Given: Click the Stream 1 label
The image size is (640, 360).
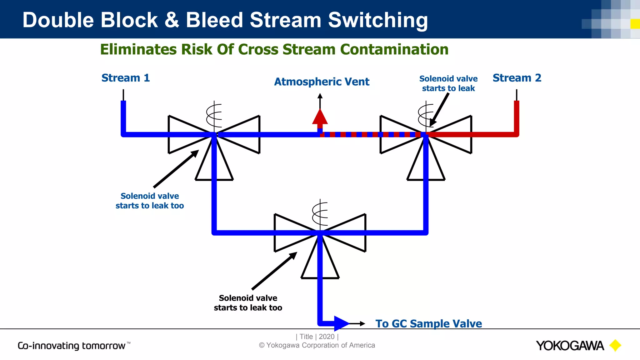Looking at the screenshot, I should [x=126, y=78].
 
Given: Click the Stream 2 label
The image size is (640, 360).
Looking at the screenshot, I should [x=517, y=78].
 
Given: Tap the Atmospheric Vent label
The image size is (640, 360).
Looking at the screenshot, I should [x=322, y=82].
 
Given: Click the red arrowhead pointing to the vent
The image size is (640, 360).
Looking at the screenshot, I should [x=320, y=117].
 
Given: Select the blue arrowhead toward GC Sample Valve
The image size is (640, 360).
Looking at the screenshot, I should [x=341, y=323].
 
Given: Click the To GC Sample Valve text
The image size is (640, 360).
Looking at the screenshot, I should [x=428, y=323].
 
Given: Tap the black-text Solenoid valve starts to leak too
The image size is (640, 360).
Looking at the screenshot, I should [x=248, y=303].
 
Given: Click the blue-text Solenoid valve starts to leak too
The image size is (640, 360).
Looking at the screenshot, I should [x=150, y=201].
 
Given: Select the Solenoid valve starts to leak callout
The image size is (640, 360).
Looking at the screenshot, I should [x=448, y=83].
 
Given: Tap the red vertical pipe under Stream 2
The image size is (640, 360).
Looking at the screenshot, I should [x=517, y=117].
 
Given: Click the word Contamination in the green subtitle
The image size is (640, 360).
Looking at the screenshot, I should [x=394, y=49].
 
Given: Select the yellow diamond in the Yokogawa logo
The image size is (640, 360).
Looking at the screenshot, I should [x=615, y=345].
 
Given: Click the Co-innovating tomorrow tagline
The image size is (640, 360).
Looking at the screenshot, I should [x=72, y=346].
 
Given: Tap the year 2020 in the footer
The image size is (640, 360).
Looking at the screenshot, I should [x=327, y=337].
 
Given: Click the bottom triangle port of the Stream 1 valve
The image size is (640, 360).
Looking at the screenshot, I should [x=206, y=169].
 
